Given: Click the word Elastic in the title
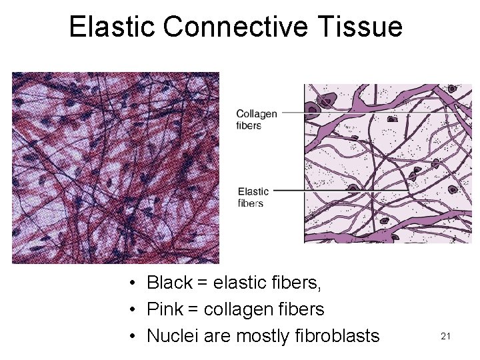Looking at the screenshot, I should pos(111,27).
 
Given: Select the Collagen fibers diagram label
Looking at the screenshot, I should pos(257,119).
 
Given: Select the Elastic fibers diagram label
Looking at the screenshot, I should pos(253,197).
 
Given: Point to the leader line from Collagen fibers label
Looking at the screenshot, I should pos(293,113).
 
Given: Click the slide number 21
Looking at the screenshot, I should pos(446,337).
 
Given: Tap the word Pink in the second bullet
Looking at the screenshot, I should pos(164,309).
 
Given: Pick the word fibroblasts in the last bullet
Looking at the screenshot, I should pos(336,335).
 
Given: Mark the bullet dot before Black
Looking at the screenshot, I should pos(134,284).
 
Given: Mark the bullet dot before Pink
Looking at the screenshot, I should pos(134,310).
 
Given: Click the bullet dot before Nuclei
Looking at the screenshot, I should pos(134,336).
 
